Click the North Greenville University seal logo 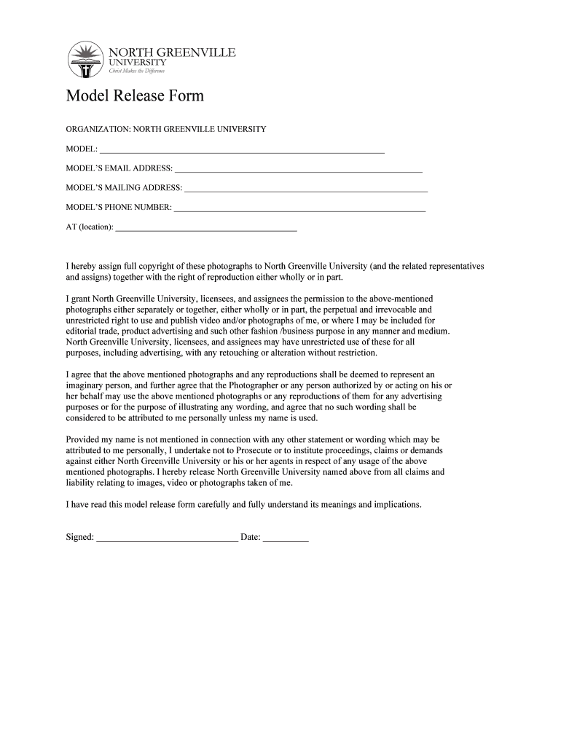pyautogui.click(x=85, y=59)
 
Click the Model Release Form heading pyautogui.click(x=135, y=96)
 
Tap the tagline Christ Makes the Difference pyautogui.click(x=136, y=71)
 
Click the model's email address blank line pyautogui.click(x=299, y=170)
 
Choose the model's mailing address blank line pyautogui.click(x=306, y=190)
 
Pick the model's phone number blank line pyautogui.click(x=299, y=210)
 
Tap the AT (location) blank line pyautogui.click(x=206, y=229)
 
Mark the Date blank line pyautogui.click(x=286, y=540)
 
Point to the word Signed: pyautogui.click(x=79, y=538)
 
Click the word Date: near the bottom pyautogui.click(x=251, y=538)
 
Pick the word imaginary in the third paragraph pyautogui.click(x=86, y=385)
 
